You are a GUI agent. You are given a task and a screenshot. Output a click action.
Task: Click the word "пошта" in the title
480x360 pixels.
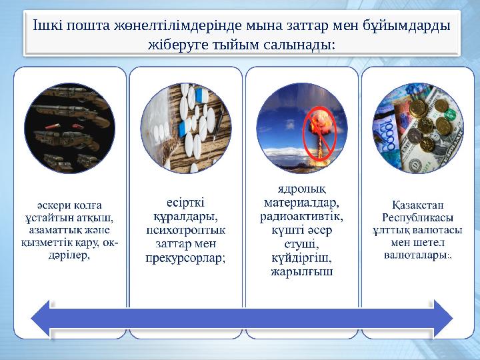point(85,25)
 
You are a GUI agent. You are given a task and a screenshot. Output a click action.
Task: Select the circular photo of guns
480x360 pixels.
point(69,128)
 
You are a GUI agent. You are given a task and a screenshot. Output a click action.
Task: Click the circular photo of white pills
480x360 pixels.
point(186,128)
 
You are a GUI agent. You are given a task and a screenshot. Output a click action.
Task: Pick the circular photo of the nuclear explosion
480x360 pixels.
point(301,128)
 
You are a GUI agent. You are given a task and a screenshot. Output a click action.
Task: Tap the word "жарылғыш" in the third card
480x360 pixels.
point(302,271)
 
